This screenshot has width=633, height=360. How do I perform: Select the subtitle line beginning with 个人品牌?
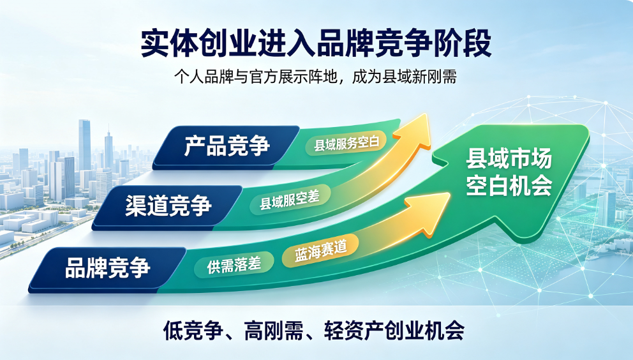(x=316, y=77)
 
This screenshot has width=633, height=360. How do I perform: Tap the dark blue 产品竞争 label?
(x=227, y=146)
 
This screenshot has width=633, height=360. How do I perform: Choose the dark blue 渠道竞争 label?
(x=168, y=206)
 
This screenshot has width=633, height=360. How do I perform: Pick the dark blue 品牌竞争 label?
(x=108, y=267)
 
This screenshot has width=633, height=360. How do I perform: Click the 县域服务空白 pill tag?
(x=346, y=143)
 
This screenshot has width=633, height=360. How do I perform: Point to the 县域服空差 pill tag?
(x=290, y=200)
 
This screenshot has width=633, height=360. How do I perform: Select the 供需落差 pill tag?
(x=234, y=265)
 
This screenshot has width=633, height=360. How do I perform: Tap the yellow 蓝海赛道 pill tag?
(x=320, y=250)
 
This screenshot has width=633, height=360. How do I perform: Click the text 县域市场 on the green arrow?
(x=509, y=158)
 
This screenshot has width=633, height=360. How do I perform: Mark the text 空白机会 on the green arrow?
(x=509, y=186)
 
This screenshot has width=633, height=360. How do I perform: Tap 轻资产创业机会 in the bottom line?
(x=394, y=331)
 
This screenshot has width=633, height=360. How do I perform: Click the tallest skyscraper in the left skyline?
(x=84, y=146)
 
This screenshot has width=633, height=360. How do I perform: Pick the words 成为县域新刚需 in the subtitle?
(x=405, y=77)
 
